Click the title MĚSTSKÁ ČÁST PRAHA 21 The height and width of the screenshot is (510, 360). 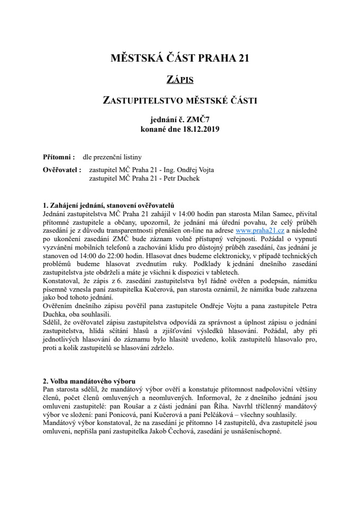pos(180,58)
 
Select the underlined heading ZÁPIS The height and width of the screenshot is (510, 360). pos(179,80)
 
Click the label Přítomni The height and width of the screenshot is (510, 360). pos(58,157)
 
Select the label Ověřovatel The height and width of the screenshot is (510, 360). pos(62,171)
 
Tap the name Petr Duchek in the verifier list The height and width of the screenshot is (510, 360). pos(170,178)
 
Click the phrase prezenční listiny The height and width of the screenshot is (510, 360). pos(120,157)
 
